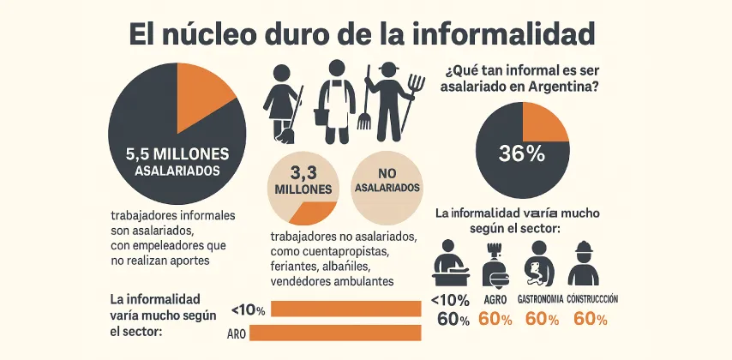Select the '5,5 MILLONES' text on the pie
pos(177,155)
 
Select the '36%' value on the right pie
pos(522,153)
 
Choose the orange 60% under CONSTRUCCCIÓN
pos(590,320)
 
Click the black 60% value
pos(453,320)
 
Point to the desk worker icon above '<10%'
pos(450,263)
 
